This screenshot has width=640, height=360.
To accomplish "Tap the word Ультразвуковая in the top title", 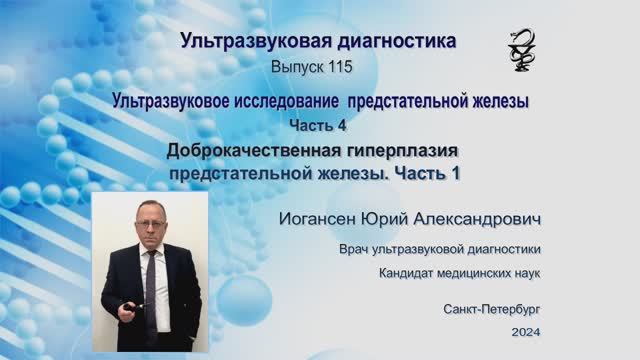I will pyautogui.click(x=236, y=41).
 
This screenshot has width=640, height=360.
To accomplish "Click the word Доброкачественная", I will pyautogui.click(x=253, y=150).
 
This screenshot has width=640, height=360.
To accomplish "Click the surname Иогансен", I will pyautogui.click(x=320, y=217).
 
